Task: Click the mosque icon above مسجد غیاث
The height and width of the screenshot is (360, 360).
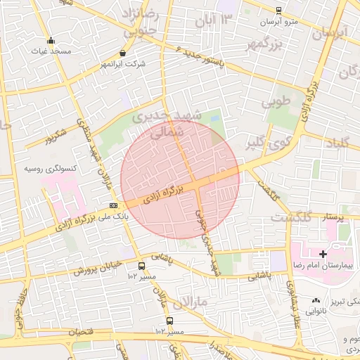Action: click(50, 40)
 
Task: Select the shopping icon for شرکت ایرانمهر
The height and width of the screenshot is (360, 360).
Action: click(123, 53)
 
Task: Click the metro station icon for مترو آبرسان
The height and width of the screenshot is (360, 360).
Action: click(279, 11)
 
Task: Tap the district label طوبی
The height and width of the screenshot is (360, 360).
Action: click(276, 101)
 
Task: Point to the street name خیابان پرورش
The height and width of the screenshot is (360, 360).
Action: click(95, 269)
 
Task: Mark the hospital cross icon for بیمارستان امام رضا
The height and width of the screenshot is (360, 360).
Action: click(323, 253)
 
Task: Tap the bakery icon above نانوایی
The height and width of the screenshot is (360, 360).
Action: click(316, 300)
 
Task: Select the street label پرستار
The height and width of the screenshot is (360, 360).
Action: click(332, 217)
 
